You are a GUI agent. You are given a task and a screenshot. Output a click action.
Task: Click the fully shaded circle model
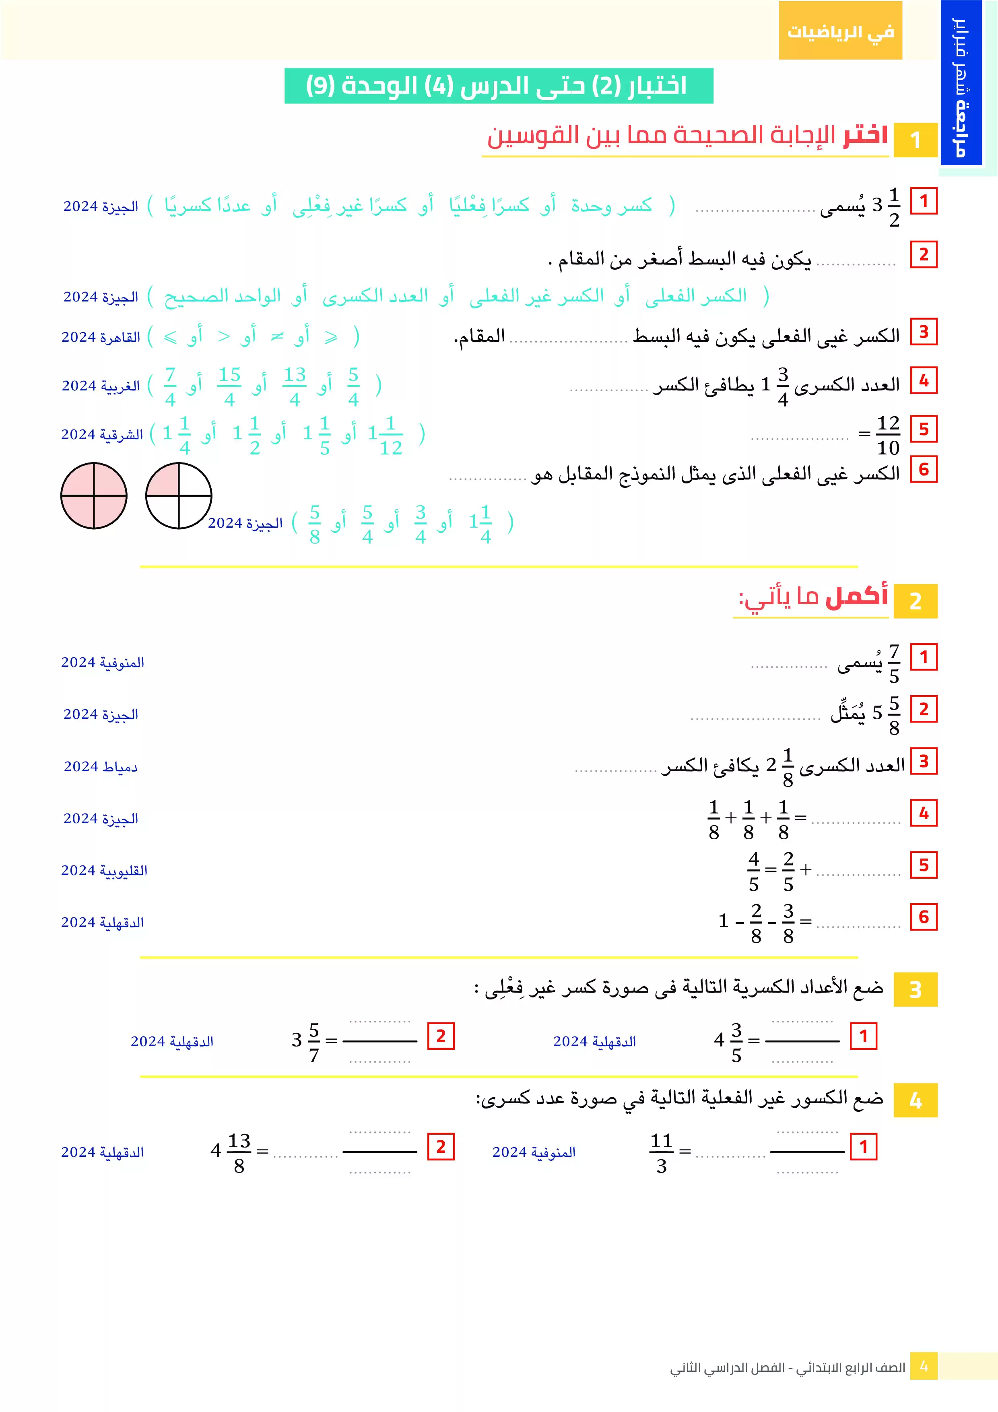93,495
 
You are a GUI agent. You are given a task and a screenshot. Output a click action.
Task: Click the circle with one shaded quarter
178,495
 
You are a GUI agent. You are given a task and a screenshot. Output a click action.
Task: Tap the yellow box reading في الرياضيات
840,31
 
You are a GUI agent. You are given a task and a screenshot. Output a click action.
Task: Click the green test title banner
498,85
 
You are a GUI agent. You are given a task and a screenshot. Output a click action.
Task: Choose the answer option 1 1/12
386,435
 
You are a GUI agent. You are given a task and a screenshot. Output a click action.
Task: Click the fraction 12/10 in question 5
888,435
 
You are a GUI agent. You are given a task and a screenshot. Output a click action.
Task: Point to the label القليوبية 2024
104,871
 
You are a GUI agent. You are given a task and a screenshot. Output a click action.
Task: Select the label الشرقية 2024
101,435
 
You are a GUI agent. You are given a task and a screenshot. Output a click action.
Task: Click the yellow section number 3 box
915,989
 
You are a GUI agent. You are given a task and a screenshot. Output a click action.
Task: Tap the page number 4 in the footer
924,1367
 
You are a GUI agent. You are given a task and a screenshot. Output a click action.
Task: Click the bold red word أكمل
857,596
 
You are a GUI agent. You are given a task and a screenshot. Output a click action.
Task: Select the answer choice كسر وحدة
611,205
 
